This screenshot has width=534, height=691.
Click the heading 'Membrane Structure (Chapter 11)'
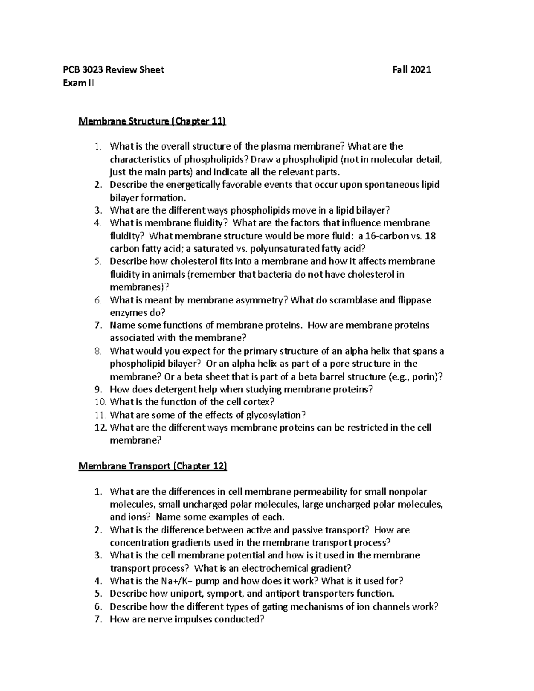[x=152, y=121]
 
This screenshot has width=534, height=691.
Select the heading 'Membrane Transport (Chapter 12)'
[x=153, y=466]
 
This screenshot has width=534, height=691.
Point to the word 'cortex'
[x=256, y=402]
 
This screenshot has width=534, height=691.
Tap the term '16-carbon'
[x=385, y=236]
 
